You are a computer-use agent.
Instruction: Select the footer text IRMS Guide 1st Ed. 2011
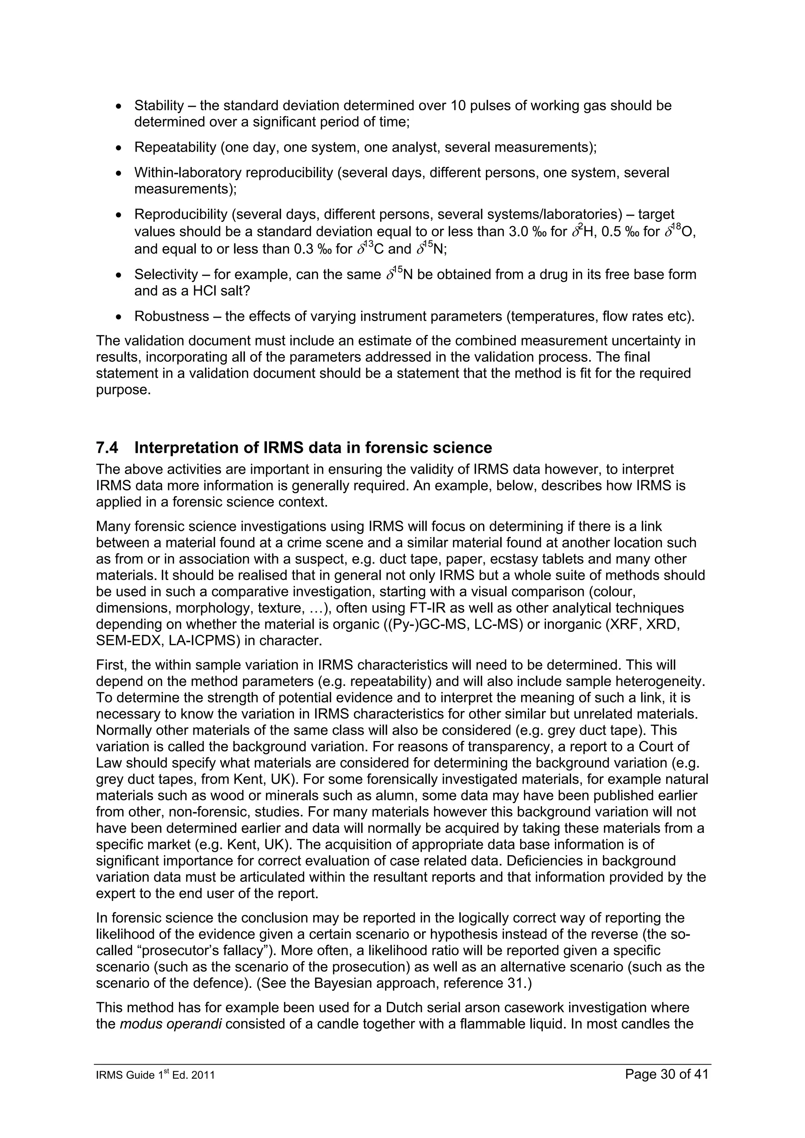point(155,1076)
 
